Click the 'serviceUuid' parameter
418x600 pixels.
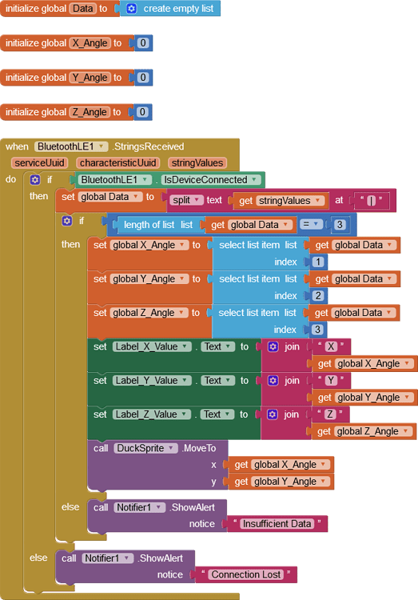click(38, 162)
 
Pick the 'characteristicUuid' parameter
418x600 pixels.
click(117, 162)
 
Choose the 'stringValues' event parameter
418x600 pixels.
click(197, 162)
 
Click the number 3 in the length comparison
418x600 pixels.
click(340, 225)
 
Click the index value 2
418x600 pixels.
click(319, 296)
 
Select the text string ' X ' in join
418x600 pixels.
click(331, 346)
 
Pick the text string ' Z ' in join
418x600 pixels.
click(331, 414)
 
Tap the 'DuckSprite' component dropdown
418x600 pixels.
click(145, 448)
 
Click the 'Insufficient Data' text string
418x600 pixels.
click(277, 524)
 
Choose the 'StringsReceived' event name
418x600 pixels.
click(149, 146)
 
